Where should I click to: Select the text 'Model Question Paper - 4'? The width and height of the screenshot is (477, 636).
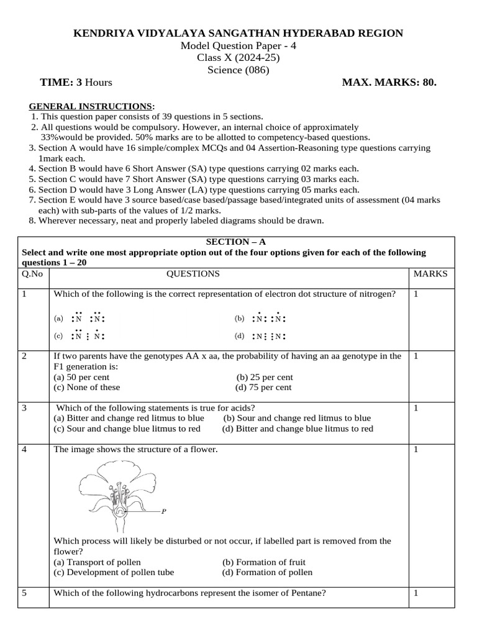[238, 47]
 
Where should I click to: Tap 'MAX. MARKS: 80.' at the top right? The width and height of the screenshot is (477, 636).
[389, 82]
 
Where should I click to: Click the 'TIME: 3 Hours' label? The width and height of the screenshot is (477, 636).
[76, 82]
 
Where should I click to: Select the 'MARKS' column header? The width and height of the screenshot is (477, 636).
[430, 273]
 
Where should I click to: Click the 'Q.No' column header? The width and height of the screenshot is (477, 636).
[32, 273]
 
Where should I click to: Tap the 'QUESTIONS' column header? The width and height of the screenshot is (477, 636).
[193, 273]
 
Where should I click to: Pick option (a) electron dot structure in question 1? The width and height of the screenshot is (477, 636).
[81, 318]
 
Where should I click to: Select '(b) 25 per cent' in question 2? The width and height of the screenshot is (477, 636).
[265, 377]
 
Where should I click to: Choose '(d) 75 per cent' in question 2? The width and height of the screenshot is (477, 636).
[263, 387]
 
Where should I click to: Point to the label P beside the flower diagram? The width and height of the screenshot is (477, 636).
[164, 512]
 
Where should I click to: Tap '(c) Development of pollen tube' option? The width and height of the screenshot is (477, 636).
[114, 572]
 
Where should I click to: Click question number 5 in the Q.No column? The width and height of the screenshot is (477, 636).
[24, 593]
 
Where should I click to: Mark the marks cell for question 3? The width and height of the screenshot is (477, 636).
[416, 408]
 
